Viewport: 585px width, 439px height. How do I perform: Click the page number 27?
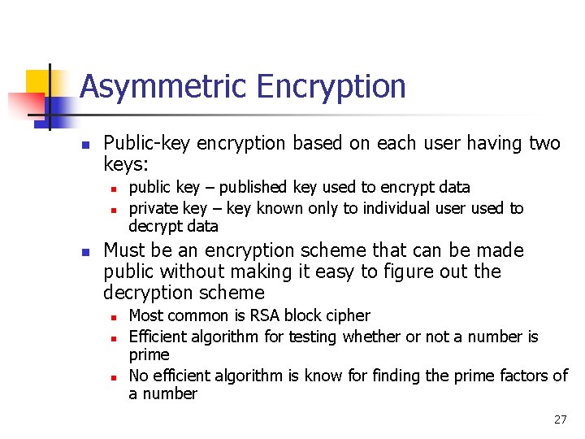[x=560, y=419]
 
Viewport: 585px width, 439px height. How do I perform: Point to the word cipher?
[x=348, y=315]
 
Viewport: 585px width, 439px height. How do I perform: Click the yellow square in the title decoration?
[x=38, y=82]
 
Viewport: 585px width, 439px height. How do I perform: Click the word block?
[x=310, y=315]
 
